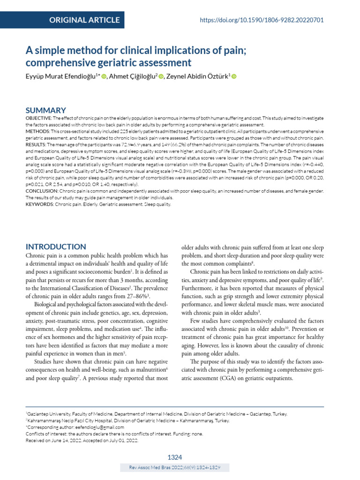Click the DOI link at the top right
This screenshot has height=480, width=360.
262,20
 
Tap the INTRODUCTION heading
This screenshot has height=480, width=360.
55,247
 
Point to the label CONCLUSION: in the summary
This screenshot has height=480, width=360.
41,191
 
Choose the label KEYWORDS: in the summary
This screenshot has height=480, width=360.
40,204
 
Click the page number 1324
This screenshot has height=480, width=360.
175,457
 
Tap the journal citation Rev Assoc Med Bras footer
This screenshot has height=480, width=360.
175,468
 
